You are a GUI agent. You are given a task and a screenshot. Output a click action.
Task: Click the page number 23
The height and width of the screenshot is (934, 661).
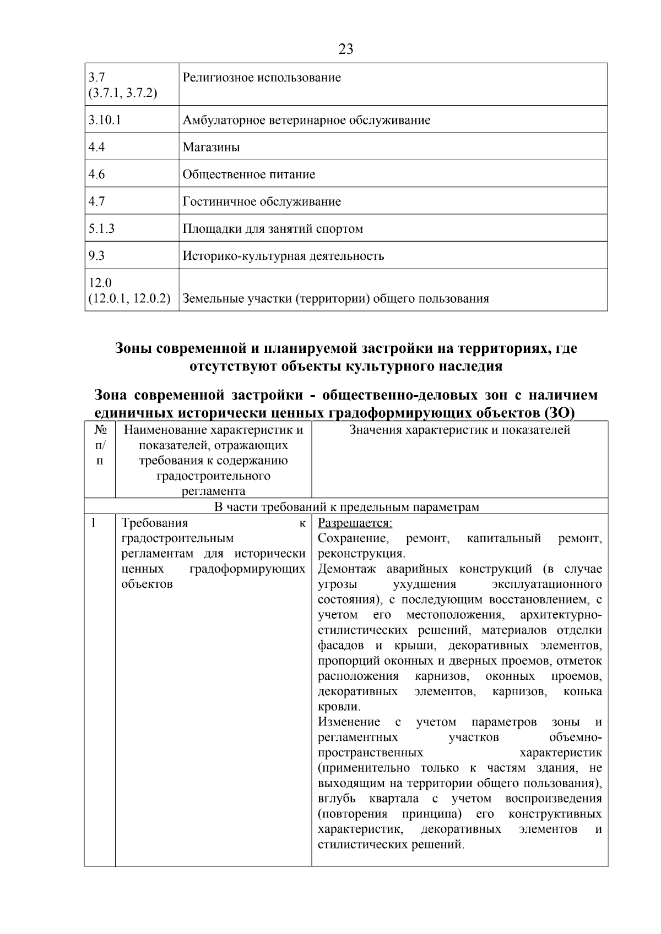coord(345,50)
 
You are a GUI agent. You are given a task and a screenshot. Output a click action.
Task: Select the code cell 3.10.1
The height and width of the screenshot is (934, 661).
coord(105,120)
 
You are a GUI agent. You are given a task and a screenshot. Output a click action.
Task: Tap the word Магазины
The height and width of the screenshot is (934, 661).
coord(211,148)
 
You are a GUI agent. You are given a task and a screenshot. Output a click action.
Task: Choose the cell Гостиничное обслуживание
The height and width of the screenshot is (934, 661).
coord(262,201)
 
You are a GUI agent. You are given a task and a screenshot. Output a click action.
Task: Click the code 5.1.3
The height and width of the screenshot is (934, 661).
coord(101,228)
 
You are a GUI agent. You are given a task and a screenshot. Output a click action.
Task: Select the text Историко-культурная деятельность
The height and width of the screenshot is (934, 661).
coord(283,256)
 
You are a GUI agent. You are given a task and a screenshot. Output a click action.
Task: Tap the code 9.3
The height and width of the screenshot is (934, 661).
coord(96,256)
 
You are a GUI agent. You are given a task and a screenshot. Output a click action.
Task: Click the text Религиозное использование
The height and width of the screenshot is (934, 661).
coord(262,78)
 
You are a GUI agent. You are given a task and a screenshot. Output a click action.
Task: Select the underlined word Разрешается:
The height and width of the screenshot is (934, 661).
coord(355,523)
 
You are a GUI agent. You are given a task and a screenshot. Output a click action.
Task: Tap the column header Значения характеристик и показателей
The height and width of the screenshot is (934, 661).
coord(459,430)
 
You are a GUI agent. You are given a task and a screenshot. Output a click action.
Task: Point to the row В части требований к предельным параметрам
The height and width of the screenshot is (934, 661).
coord(346,507)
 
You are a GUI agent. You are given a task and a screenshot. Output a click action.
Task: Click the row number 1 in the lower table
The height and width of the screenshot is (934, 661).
coord(94,523)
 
